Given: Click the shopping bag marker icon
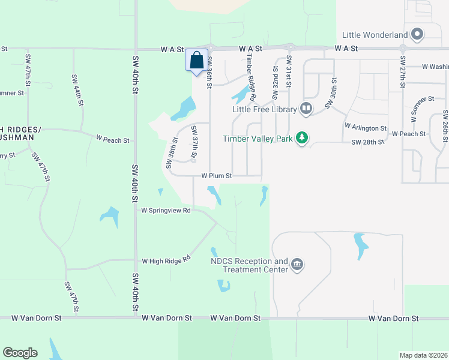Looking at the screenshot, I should coord(197,61).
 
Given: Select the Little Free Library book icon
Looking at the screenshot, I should coord(306,109).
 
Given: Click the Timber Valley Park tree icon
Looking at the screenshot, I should coord(304,138).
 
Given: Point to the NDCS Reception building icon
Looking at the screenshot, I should coord(297,265).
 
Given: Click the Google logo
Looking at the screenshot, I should coord(20,353).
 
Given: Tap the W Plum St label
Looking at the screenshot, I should coord(216,176).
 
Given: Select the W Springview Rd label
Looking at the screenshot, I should coord(166,211).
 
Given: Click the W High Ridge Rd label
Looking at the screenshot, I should coord(166,260).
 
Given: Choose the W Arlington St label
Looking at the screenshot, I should coord(365,128).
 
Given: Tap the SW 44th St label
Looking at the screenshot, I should coord(77,90).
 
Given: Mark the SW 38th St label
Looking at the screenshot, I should coord(172,153).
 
